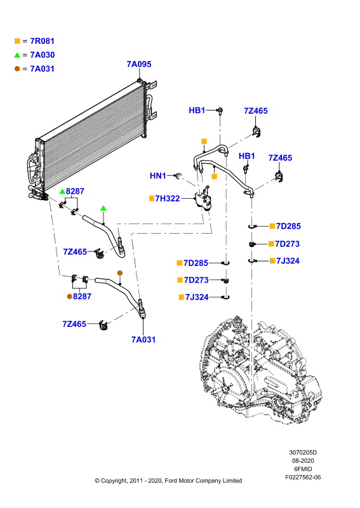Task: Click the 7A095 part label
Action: click(139, 64)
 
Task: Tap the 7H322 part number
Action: click(168, 198)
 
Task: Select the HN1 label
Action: click(158, 176)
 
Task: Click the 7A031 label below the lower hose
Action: click(143, 340)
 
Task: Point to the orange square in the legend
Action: click(17, 41)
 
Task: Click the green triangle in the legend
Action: click(17, 55)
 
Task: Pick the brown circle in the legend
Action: click(17, 69)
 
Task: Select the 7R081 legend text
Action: click(42, 41)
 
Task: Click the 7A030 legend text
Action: click(42, 55)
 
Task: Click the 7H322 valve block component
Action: click(203, 199)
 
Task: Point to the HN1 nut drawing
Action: click(178, 176)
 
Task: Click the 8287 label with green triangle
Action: click(75, 191)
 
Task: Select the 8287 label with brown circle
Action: click(82, 296)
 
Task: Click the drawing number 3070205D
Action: click(303, 452)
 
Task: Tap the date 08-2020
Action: click(303, 461)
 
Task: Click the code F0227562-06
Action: click(303, 478)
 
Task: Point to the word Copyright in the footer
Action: click(114, 481)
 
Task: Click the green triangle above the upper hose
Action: click(103, 208)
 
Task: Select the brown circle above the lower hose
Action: click(120, 273)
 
